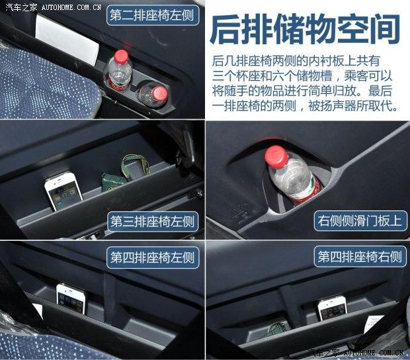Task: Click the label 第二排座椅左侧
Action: pyautogui.click(x=153, y=15)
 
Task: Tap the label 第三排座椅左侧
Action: pyautogui.click(x=153, y=222)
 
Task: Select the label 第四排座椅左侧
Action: pyautogui.click(x=153, y=257)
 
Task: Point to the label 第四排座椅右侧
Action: pyautogui.click(x=360, y=256)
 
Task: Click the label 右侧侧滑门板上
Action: pyautogui.click(x=360, y=221)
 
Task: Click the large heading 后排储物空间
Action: pyautogui.click(x=305, y=29)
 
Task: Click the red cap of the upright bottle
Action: pyautogui.click(x=121, y=56)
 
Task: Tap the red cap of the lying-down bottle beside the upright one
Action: pyautogui.click(x=160, y=93)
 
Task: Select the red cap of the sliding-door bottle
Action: pyautogui.click(x=275, y=156)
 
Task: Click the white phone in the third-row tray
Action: pyautogui.click(x=63, y=190)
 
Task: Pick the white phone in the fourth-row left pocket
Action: pyautogui.click(x=71, y=298)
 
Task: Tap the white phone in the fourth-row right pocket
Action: pyautogui.click(x=333, y=308)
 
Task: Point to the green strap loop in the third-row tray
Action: pyautogui.click(x=135, y=166)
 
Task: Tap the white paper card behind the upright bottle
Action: pyautogui.click(x=67, y=39)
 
